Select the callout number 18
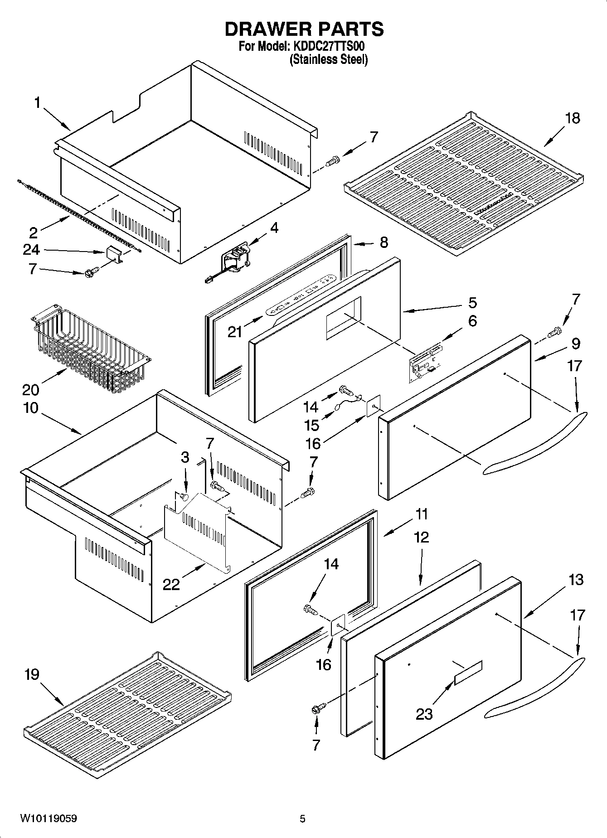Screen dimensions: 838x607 point(573,118)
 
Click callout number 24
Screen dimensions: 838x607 point(31,250)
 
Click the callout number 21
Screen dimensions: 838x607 point(235,332)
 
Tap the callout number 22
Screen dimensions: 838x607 point(171,585)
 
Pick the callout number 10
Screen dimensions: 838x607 point(30,408)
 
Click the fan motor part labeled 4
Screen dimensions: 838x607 point(236,261)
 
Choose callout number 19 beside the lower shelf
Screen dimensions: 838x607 point(32,675)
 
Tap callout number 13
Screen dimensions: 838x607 point(576,580)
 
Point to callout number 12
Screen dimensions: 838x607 point(421,538)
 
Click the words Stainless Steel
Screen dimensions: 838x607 point(329,59)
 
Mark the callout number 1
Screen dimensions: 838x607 point(37,103)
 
